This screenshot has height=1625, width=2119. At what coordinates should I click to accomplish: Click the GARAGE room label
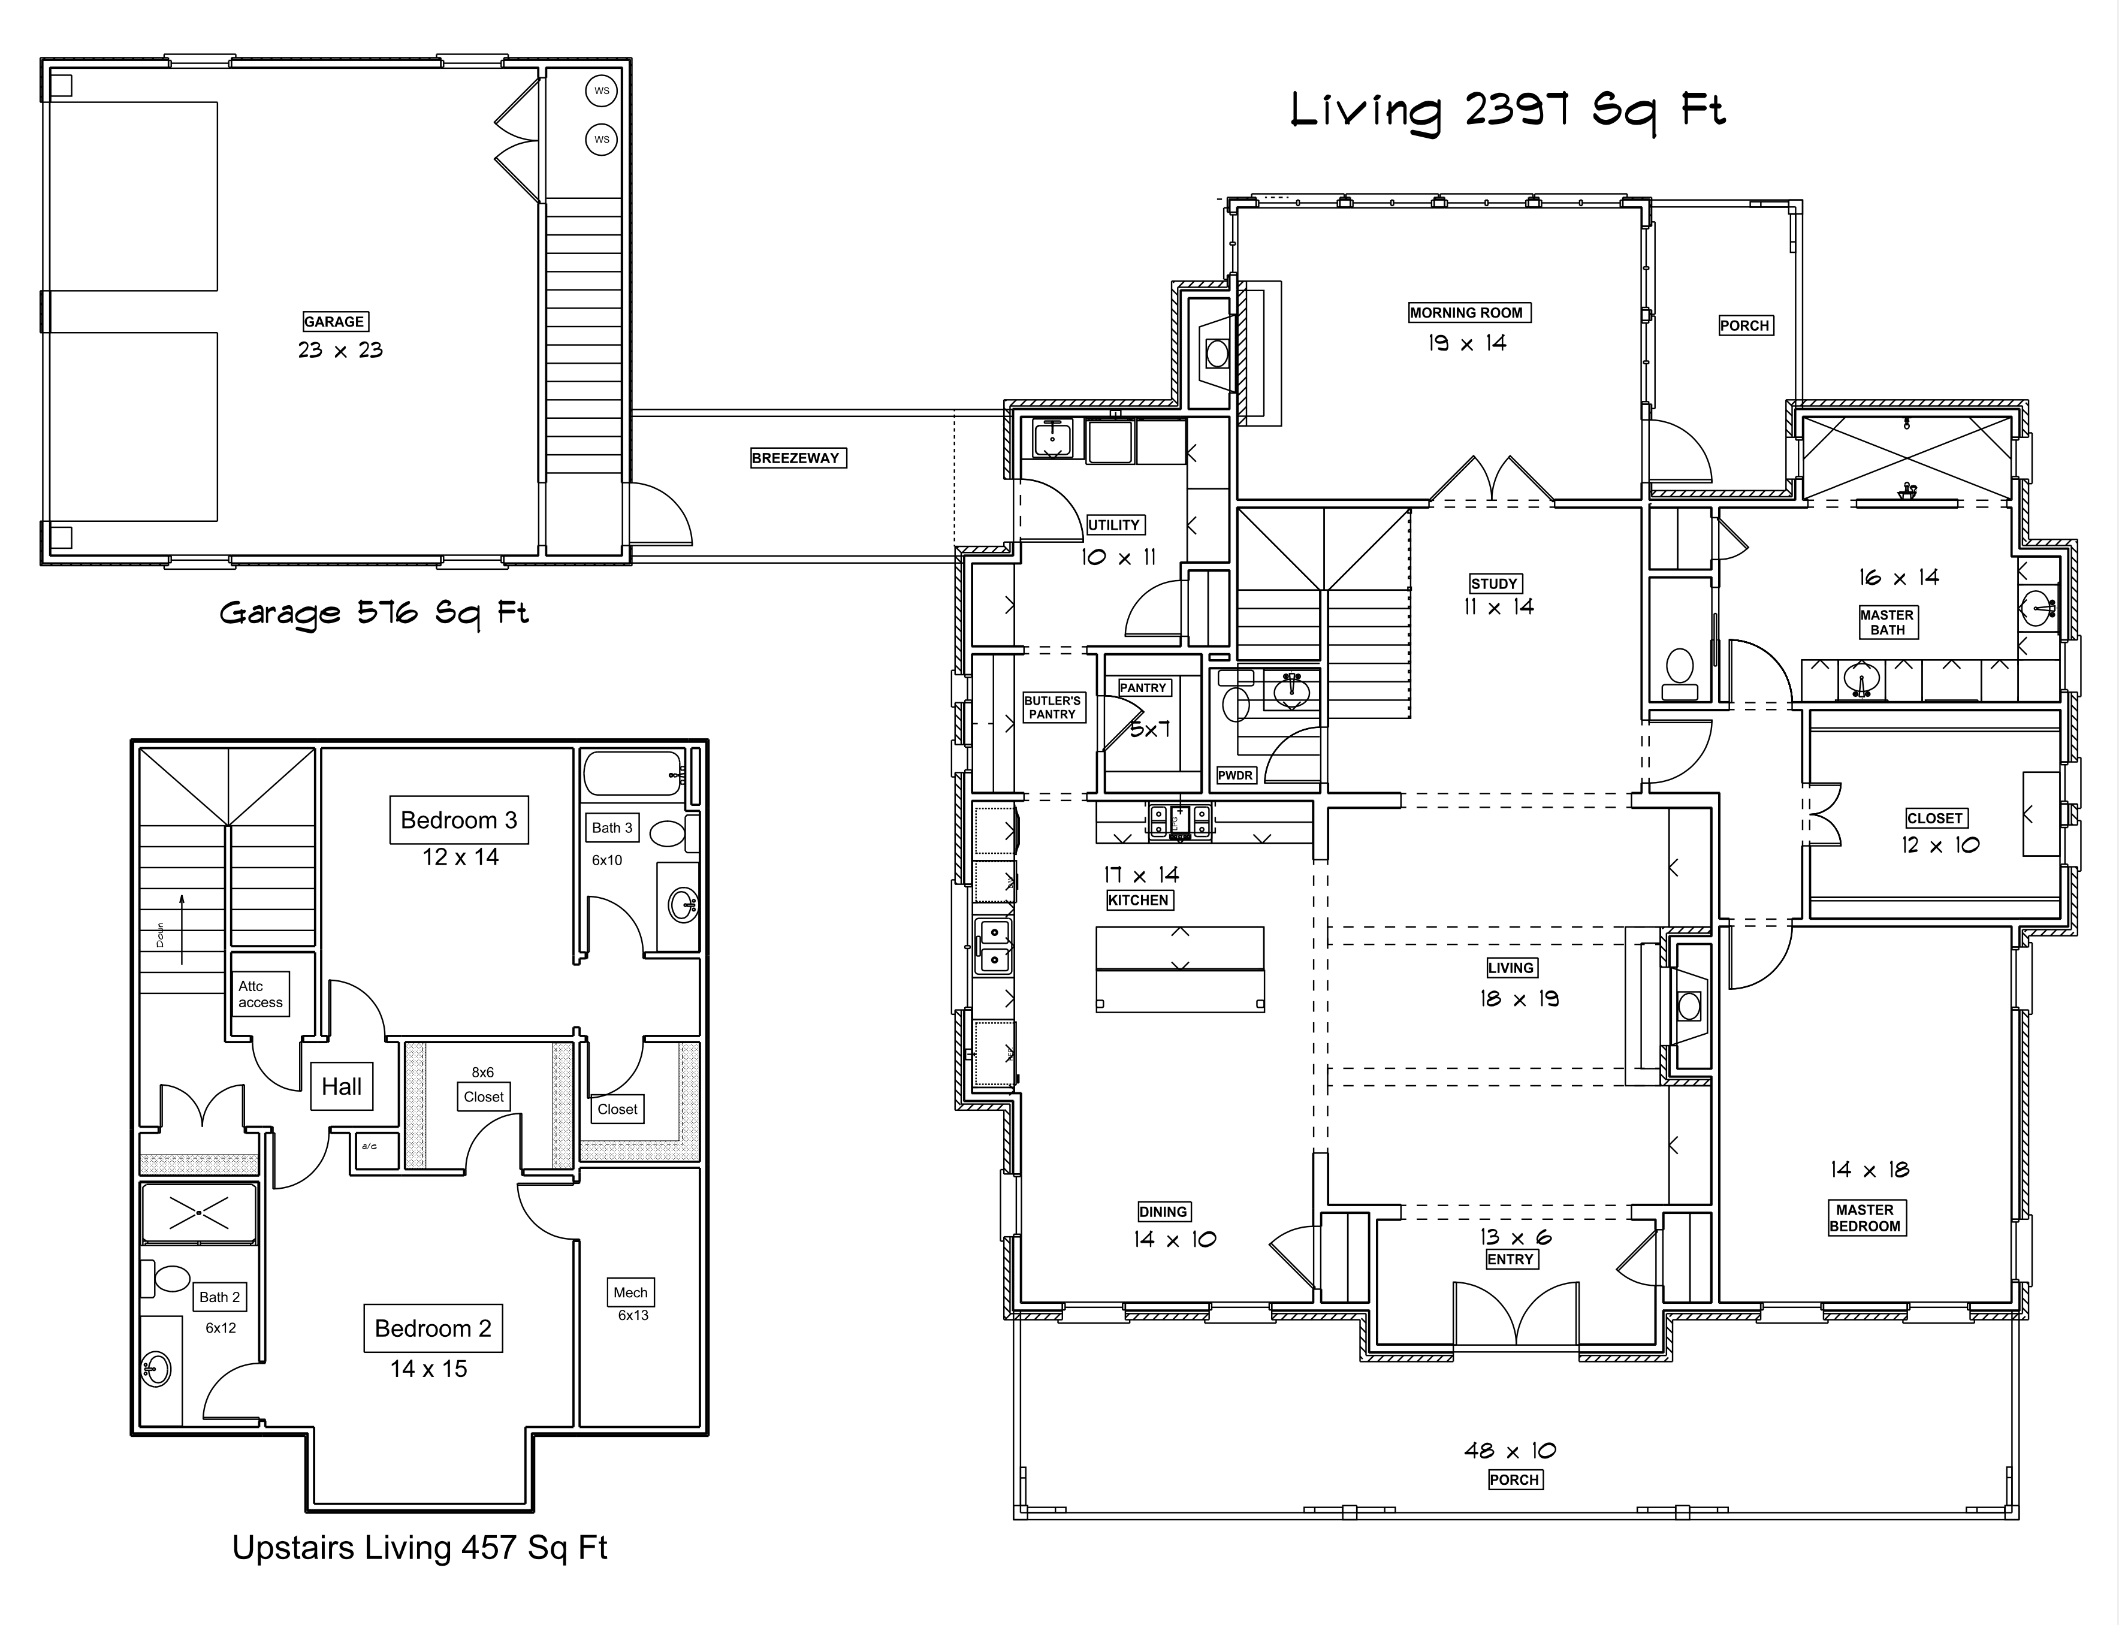coord(334,321)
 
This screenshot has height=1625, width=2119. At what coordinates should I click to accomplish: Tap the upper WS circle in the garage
coord(602,91)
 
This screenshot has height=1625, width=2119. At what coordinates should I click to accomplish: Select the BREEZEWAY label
coord(796,458)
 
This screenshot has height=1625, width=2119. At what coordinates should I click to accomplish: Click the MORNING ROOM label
coord(1466,312)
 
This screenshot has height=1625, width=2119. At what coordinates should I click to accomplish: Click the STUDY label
coord(1493,583)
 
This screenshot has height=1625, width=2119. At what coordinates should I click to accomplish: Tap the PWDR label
coord(1235,775)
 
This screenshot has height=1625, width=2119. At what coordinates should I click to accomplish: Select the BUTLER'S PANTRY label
coord(1052,707)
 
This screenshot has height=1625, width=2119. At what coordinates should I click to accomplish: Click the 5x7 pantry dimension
coord(1150,729)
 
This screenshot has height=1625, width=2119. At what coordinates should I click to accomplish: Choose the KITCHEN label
coord(1139,899)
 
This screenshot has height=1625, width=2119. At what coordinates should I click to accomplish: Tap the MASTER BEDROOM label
coord(1865,1218)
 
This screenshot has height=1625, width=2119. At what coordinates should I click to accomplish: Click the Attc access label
coord(260,994)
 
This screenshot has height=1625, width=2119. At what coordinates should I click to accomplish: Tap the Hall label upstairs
coord(342,1086)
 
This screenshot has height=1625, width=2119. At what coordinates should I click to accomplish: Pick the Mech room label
coord(630,1292)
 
